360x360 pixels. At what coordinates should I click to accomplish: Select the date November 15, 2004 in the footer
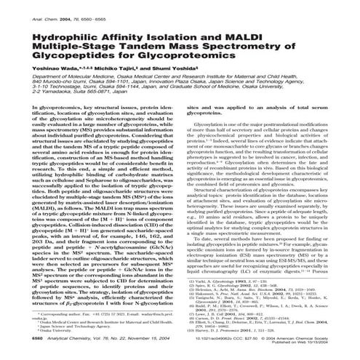[164, 338]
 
